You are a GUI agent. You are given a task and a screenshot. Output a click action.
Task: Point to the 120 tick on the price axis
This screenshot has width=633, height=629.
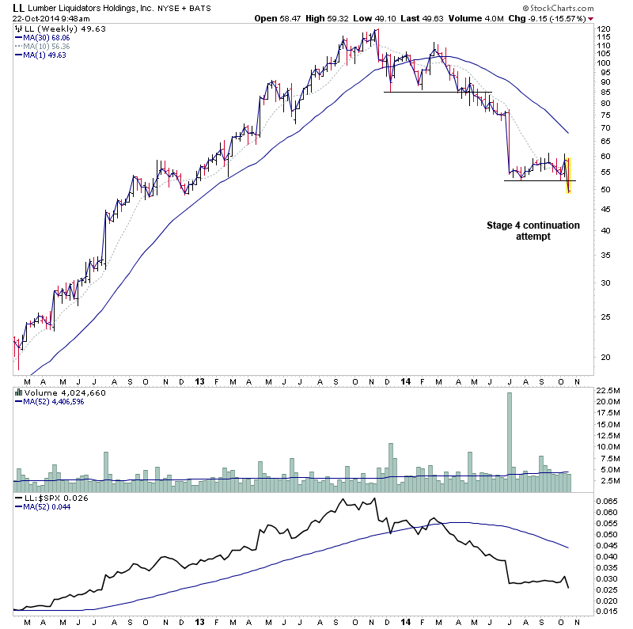click(x=604, y=29)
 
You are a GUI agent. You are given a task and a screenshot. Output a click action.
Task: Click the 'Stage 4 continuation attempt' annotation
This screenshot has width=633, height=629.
click(x=533, y=231)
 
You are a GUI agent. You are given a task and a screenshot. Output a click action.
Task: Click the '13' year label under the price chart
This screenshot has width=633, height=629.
click(x=200, y=381)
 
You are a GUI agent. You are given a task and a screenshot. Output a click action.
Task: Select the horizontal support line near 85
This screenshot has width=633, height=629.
click(x=438, y=92)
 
